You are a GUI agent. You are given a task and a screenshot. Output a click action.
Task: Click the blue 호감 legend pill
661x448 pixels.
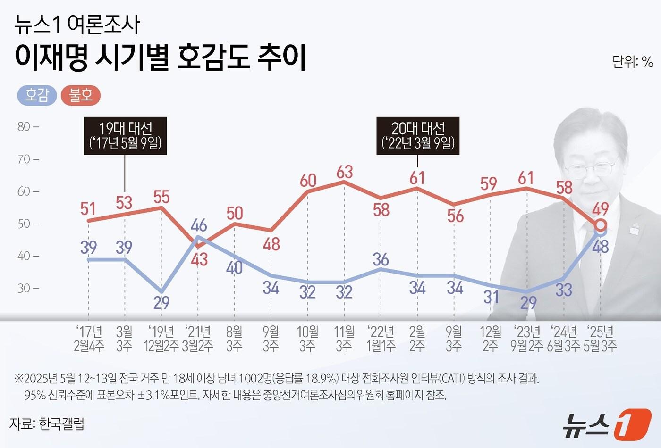[x=37, y=96]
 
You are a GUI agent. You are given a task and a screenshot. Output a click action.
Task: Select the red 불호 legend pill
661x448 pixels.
[x=81, y=96]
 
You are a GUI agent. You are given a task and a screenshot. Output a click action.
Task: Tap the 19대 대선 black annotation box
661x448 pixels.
[x=125, y=136]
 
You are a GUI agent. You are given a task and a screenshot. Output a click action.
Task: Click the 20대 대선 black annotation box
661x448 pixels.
[x=418, y=136]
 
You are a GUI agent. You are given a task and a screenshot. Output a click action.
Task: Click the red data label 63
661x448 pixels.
[x=345, y=172]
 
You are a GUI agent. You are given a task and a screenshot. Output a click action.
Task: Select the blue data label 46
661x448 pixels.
[x=199, y=225]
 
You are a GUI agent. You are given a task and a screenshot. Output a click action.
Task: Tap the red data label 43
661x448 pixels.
[x=199, y=259]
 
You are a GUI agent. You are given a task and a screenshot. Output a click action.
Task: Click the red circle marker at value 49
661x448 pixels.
[x=601, y=224]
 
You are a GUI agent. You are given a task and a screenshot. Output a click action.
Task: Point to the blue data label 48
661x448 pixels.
[x=601, y=246]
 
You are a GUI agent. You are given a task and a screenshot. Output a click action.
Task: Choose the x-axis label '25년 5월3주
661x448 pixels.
[x=600, y=339]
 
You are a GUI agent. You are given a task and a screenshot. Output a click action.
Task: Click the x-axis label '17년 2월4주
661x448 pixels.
[x=89, y=339]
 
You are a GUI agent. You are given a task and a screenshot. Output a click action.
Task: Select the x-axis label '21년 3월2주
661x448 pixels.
[x=198, y=339]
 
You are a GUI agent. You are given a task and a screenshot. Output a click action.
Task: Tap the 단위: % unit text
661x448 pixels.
[x=632, y=62]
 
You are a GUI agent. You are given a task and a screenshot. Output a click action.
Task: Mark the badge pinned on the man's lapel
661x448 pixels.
[x=634, y=229]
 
